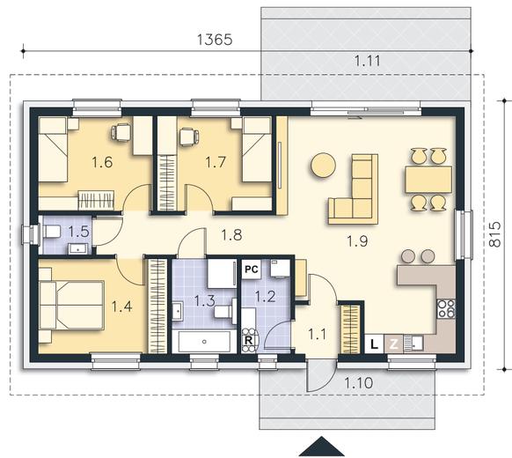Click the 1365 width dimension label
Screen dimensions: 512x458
coord(215,40)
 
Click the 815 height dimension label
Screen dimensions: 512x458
coord(495,234)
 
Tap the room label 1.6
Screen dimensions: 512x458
coord(102,162)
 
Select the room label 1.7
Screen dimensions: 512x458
coord(216,162)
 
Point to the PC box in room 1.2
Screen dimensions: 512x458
coord(252,270)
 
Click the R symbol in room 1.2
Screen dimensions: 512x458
coord(249,340)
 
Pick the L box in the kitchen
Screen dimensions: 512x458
coord(374,343)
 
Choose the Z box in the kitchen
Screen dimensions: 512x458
coord(394,343)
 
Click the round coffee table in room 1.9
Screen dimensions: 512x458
coord(323,166)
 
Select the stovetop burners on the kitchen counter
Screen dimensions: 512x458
coord(446,308)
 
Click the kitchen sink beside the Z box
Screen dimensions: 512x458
coord(413,343)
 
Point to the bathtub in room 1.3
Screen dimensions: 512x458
coord(204,342)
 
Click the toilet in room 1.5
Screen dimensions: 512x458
coord(52,232)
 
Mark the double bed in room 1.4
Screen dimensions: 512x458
coord(71,305)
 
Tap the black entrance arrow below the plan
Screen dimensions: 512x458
coord(322,447)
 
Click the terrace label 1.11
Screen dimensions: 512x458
coord(367,61)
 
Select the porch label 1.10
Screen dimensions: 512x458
coord(359,382)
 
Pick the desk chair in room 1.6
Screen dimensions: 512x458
coord(121,133)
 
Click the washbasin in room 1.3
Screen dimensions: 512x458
coord(178,312)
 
